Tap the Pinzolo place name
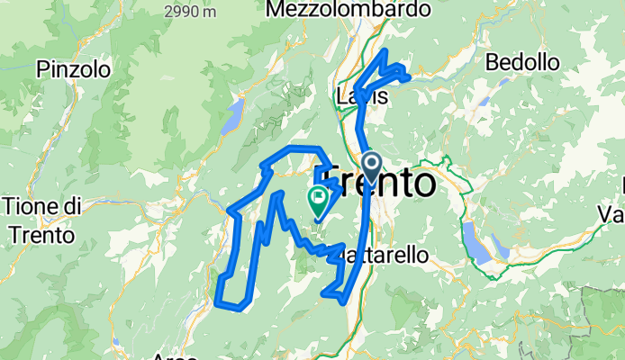point(74,68)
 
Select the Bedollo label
point(522,61)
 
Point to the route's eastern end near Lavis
point(410,77)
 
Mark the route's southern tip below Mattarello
point(343,301)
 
